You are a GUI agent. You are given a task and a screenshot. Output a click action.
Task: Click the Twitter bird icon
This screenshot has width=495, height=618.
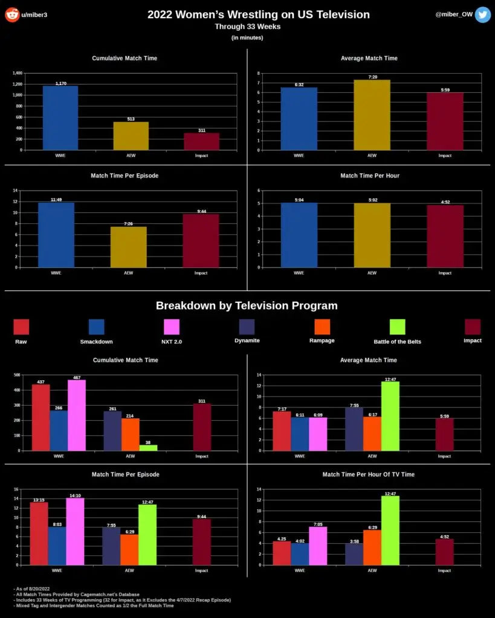482,14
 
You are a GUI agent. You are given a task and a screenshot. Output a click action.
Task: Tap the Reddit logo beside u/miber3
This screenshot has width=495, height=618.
11,14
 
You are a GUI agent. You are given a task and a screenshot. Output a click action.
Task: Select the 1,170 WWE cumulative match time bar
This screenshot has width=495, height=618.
60,118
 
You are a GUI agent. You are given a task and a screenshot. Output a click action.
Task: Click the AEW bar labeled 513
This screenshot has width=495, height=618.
131,136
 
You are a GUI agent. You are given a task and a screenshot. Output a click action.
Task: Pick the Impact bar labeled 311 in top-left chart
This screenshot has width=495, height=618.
202,141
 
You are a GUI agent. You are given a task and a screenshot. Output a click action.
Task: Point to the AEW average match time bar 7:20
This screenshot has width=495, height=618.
372,115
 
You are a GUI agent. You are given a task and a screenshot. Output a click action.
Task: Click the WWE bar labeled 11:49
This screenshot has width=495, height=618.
56,235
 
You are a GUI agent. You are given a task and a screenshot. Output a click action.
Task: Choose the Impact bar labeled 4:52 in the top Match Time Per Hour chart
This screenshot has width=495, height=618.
445,236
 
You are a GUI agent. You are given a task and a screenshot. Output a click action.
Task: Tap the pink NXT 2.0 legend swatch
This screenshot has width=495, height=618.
172,327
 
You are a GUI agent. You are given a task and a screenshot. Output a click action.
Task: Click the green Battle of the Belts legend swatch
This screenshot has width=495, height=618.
397,327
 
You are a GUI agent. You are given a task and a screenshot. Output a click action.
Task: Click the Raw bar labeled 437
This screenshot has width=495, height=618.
40,417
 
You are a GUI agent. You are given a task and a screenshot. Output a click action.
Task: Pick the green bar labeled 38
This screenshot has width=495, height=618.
148,447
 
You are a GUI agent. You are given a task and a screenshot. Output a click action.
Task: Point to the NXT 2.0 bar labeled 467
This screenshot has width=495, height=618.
77,415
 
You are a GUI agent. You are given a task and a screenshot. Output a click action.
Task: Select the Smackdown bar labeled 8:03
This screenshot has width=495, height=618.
58,546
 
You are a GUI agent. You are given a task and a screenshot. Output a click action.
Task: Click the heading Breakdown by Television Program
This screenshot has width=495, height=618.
247,305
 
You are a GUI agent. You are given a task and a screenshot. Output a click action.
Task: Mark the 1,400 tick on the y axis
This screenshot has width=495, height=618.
17,73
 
